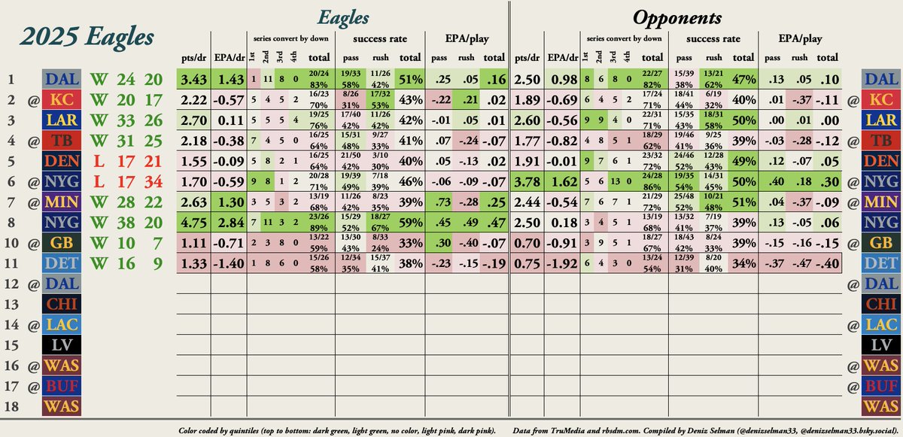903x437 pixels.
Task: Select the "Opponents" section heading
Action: [x=677, y=18]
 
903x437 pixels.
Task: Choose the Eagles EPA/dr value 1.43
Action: [x=230, y=79]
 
